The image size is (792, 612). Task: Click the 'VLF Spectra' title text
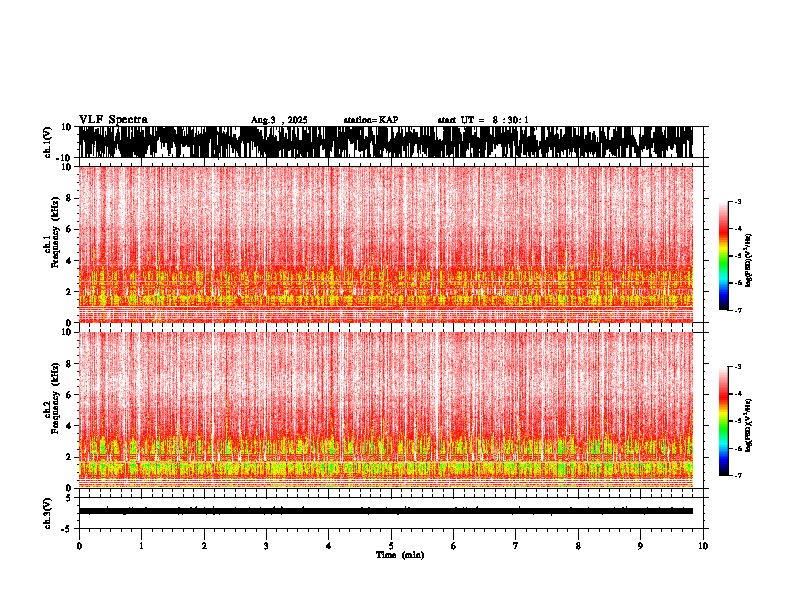click(113, 120)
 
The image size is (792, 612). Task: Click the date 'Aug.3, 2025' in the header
click(279, 120)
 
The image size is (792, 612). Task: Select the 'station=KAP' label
click(371, 120)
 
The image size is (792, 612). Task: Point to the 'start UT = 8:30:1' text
click(483, 120)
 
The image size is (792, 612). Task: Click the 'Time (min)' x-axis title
click(399, 555)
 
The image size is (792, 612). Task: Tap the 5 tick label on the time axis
click(391, 546)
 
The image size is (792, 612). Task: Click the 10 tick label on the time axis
click(704, 546)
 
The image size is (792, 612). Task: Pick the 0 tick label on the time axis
click(79, 546)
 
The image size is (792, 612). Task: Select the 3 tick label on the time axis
click(266, 546)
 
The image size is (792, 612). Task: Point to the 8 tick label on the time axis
click(578, 546)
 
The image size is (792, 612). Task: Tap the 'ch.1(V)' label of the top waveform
click(48, 142)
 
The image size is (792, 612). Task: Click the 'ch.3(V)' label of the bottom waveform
click(48, 512)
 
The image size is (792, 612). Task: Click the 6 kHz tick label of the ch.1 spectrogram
click(68, 229)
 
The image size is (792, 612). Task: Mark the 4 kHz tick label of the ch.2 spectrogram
click(68, 425)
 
